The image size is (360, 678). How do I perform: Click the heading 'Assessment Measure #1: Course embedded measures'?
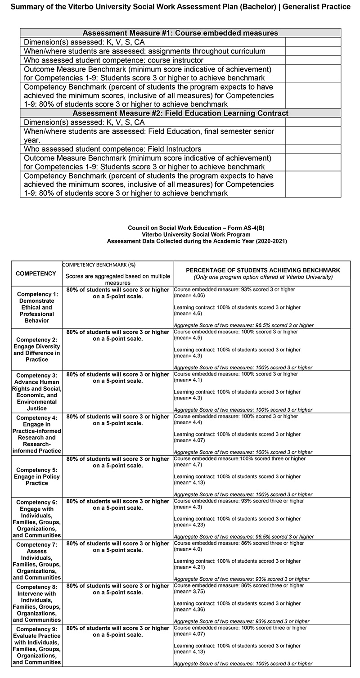click(x=180, y=33)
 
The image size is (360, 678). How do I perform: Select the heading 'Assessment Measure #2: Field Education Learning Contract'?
click(x=180, y=113)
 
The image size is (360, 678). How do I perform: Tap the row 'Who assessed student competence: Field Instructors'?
click(x=112, y=149)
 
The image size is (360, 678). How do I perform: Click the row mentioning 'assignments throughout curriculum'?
click(x=144, y=51)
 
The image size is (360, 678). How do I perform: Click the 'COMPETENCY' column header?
click(x=36, y=274)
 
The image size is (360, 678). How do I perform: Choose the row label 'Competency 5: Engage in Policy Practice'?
click(x=37, y=476)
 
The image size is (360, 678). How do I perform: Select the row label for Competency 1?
click(x=37, y=307)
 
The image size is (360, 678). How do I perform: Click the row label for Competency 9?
click(x=37, y=645)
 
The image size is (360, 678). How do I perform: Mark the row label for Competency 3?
click(x=37, y=392)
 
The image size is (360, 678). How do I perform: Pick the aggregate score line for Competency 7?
click(x=242, y=579)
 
